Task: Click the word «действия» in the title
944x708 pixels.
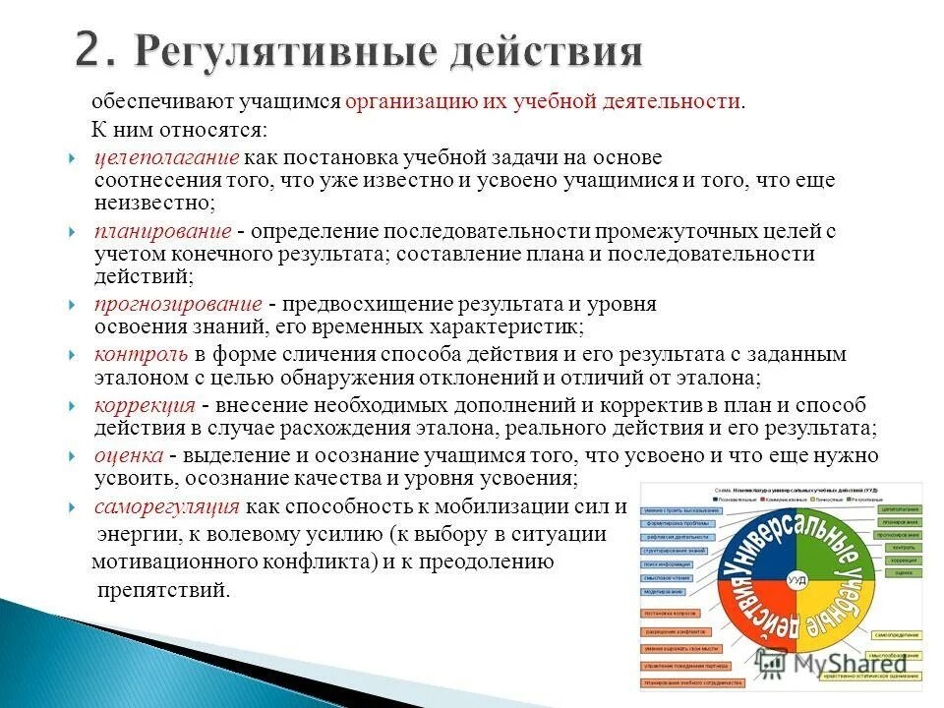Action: click(541, 51)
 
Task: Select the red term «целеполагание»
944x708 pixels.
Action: click(167, 158)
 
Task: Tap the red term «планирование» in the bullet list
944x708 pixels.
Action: click(163, 231)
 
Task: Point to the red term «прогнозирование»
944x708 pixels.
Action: click(178, 304)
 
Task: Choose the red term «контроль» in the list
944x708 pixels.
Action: click(141, 354)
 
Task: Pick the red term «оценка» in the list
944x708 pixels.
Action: click(128, 455)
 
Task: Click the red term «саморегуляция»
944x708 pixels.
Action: click(167, 506)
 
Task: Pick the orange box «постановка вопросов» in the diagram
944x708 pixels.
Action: click(672, 614)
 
